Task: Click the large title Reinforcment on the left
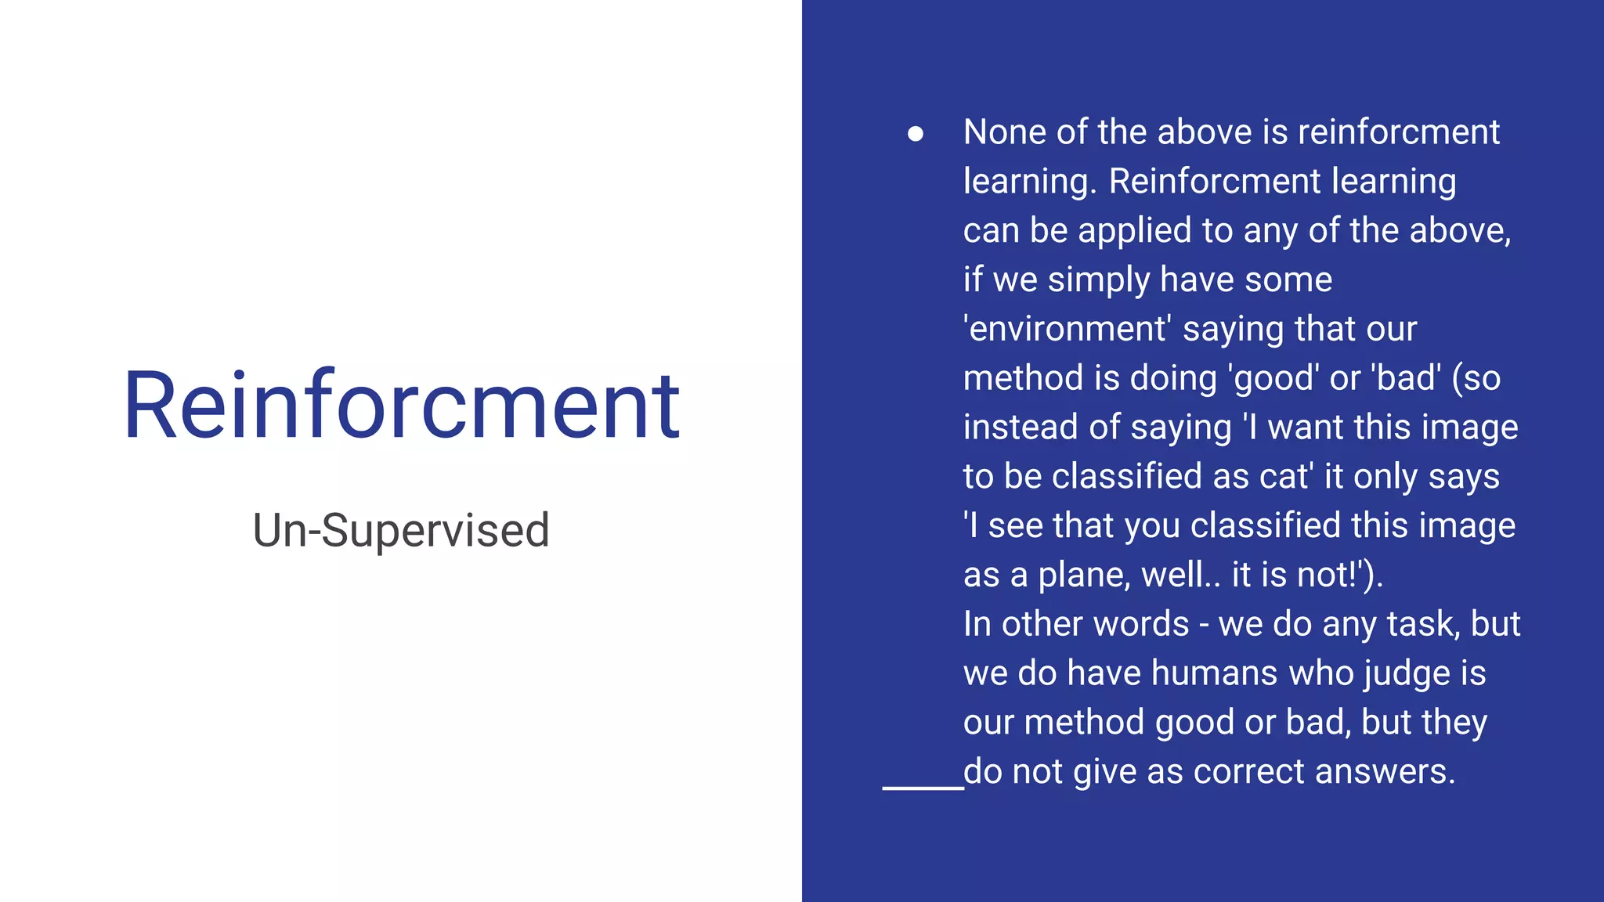pos(401,406)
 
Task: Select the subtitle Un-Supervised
pos(401,530)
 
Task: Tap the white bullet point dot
pos(915,134)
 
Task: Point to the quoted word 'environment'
pos(1067,329)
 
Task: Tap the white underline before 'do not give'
pos(923,787)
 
